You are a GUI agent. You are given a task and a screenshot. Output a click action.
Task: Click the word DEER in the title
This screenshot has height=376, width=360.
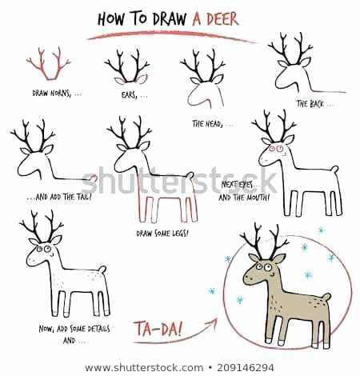pyautogui.click(x=222, y=19)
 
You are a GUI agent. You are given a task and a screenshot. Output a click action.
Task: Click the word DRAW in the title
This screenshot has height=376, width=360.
pyautogui.click(x=170, y=19)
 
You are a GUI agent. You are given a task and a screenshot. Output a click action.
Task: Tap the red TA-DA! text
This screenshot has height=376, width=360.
pyautogui.click(x=158, y=328)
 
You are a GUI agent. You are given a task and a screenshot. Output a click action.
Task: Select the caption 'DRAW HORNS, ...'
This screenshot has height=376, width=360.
pyautogui.click(x=57, y=94)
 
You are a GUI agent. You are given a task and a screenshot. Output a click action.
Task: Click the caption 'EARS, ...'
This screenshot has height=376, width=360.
pyautogui.click(x=134, y=95)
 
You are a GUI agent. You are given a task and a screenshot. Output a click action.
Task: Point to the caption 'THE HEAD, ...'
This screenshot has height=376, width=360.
pyautogui.click(x=214, y=124)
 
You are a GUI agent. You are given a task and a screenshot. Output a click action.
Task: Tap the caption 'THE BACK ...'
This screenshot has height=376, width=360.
pyautogui.click(x=315, y=104)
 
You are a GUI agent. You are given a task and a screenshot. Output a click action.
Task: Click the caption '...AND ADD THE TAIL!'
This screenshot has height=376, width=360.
pyautogui.click(x=59, y=197)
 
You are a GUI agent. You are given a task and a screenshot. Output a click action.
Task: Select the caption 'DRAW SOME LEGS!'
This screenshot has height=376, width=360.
pyautogui.click(x=162, y=234)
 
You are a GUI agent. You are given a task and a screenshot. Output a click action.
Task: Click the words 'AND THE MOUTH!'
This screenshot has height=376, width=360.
pyautogui.click(x=244, y=198)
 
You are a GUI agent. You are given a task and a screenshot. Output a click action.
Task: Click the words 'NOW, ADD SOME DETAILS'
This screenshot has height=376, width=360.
pyautogui.click(x=74, y=329)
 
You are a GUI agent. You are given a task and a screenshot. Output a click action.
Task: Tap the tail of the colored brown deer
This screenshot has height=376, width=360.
pyautogui.click(x=326, y=297)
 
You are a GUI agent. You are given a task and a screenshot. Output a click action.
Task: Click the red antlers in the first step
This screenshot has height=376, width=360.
pyautogui.click(x=48, y=64)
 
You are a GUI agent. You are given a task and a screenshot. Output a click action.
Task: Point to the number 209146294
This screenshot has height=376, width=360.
pyautogui.click(x=246, y=368)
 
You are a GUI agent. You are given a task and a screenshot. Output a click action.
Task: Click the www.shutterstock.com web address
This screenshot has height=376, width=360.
pyautogui.click(x=144, y=368)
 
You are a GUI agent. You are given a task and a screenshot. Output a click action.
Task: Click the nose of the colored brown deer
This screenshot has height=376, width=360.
pyautogui.click(x=246, y=277)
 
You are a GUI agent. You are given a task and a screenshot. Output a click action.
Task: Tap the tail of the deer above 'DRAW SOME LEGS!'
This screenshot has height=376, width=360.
pyautogui.click(x=190, y=175)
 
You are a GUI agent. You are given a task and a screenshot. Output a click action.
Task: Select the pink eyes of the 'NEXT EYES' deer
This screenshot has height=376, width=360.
pyautogui.click(x=276, y=149)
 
